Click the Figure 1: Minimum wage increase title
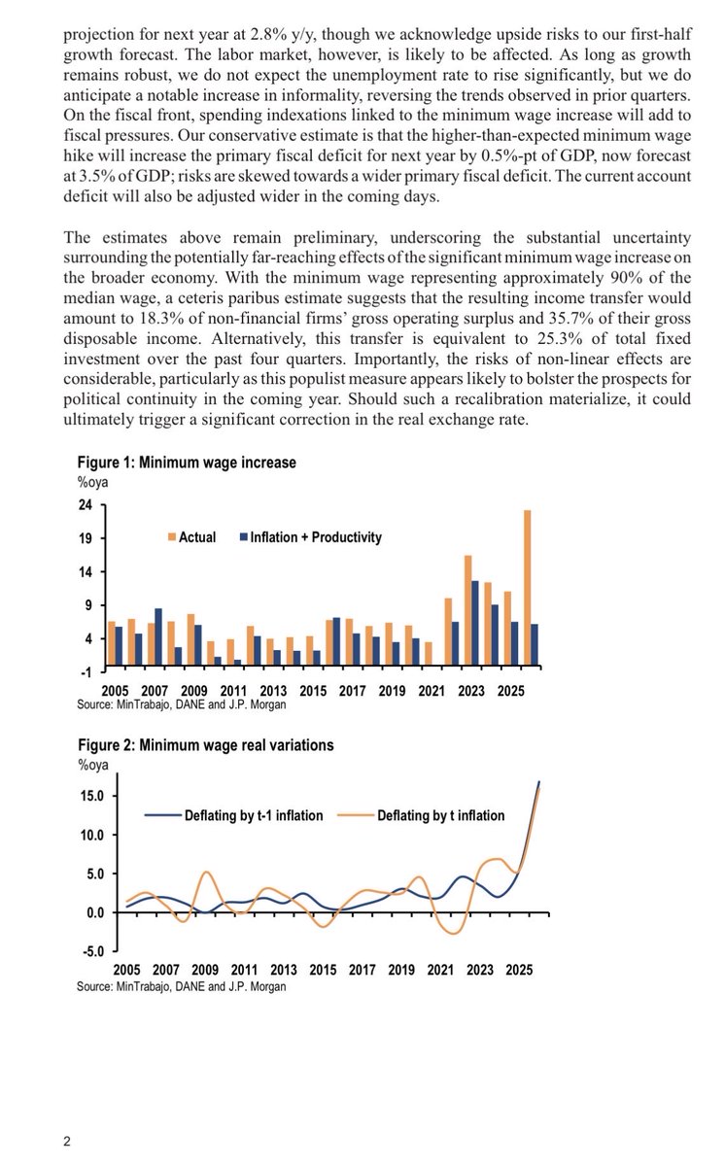[187, 463]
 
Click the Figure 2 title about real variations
[205, 745]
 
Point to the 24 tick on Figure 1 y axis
[85, 505]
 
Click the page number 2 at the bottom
[67, 1143]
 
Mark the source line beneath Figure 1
[182, 704]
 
